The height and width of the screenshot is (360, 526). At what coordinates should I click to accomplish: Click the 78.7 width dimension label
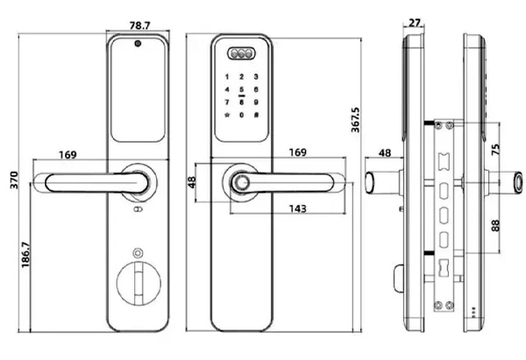[x=140, y=25]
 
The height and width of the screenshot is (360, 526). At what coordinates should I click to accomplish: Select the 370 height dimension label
[x=14, y=180]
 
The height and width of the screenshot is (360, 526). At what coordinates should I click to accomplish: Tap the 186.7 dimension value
[x=25, y=255]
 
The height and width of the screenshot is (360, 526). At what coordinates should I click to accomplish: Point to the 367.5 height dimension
[x=356, y=120]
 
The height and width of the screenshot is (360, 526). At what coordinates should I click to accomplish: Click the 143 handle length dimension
[x=298, y=208]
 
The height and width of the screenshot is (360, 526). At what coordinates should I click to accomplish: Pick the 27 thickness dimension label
[x=415, y=23]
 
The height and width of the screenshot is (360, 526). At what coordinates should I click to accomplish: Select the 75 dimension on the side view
[x=496, y=149]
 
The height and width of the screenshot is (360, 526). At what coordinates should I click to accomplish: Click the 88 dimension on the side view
[x=496, y=225]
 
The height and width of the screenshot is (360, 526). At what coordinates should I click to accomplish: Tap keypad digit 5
[x=242, y=89]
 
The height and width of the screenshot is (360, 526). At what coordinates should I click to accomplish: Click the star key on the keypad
[x=227, y=115]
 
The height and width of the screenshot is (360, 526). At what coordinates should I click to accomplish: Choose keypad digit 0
[x=242, y=115]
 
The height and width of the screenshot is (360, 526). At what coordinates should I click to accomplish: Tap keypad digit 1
[x=227, y=77]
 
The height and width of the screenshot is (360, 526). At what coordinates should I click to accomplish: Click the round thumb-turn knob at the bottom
[x=139, y=283]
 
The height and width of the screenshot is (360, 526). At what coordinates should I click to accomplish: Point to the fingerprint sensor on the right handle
[x=240, y=182]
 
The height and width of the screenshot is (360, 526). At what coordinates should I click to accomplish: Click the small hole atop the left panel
[x=138, y=43]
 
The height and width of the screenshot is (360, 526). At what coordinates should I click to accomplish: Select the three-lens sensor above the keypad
[x=241, y=53]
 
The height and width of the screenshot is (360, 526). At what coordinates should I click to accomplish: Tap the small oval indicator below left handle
[x=138, y=209]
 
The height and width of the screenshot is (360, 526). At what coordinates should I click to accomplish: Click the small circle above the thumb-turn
[x=138, y=253]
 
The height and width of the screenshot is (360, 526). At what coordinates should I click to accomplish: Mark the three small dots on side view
[x=473, y=313]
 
